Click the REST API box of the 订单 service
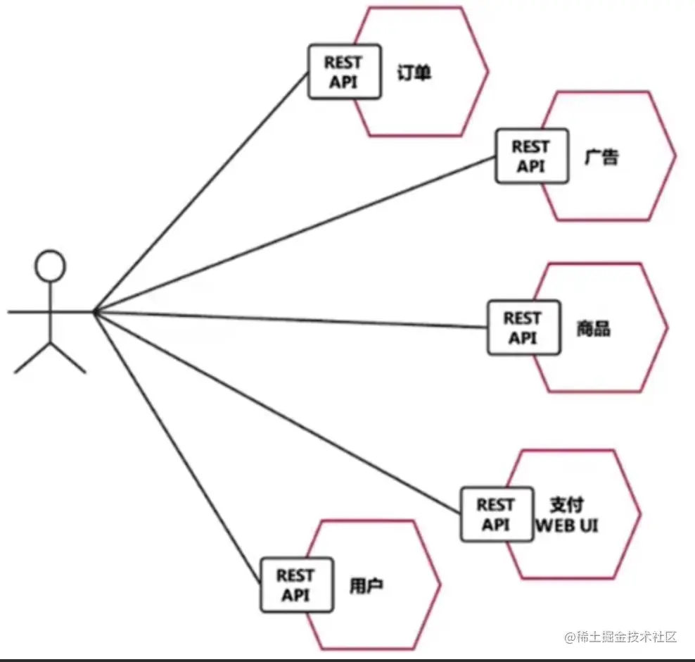coord(345,72)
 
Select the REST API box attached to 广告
coord(531,156)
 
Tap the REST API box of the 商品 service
coord(524,328)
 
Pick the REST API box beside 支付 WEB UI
coord(497,515)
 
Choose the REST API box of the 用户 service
coord(295,585)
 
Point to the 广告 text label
coord(601,156)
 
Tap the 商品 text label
coord(593,329)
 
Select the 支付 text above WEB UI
coord(566,505)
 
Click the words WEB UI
coord(567,525)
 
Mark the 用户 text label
coord(366,586)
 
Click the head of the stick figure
coord(51,266)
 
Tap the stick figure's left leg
coord(32,357)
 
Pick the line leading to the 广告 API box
coord(295,233)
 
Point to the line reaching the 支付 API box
coord(281,413)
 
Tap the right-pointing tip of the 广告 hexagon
coord(675,156)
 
